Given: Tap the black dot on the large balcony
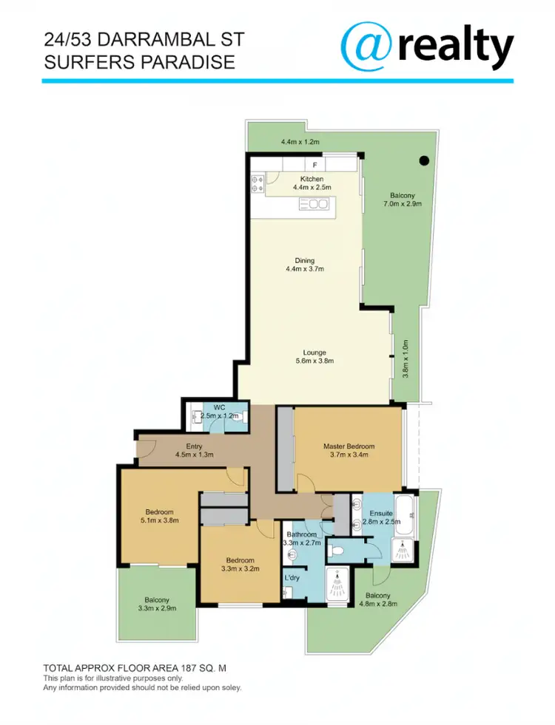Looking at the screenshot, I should pyautogui.click(x=424, y=160).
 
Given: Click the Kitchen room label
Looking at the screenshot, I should pyautogui.click(x=311, y=180).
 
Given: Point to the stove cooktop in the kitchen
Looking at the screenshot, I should pyautogui.click(x=258, y=183).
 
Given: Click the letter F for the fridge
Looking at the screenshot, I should pyautogui.click(x=314, y=164).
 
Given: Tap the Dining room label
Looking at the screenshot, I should pyautogui.click(x=304, y=260).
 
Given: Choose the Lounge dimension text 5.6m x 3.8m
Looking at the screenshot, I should pyautogui.click(x=314, y=361).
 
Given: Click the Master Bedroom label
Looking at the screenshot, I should pyautogui.click(x=349, y=446).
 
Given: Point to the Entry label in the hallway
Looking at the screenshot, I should pyautogui.click(x=195, y=446).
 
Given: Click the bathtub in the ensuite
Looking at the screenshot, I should pyautogui.click(x=406, y=508).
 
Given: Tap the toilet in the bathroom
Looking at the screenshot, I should pyautogui.click(x=337, y=550).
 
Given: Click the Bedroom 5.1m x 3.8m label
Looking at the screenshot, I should pyautogui.click(x=159, y=512).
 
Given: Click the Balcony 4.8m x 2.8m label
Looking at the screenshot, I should pyautogui.click(x=377, y=596).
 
